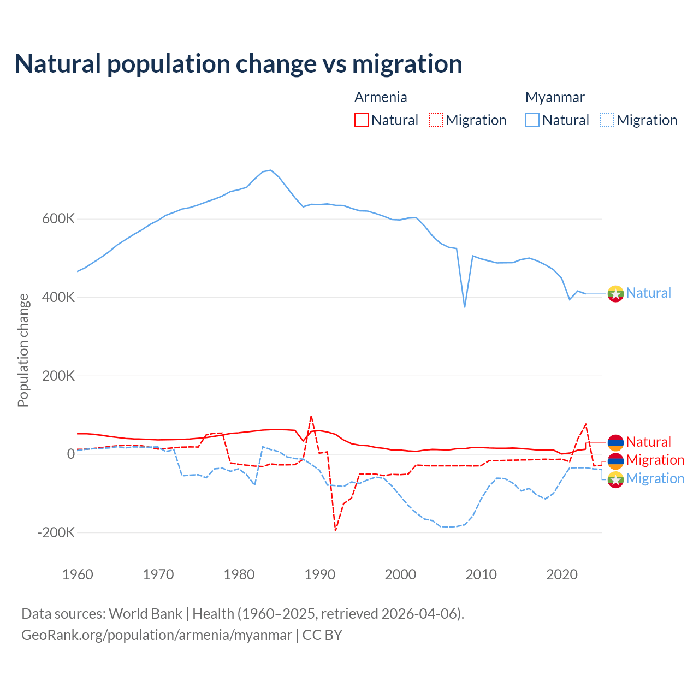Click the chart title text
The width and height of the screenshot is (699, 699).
(x=238, y=64)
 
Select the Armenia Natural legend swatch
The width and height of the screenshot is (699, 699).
(x=361, y=120)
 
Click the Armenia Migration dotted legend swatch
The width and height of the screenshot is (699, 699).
(x=435, y=120)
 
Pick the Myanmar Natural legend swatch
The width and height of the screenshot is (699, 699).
(x=532, y=120)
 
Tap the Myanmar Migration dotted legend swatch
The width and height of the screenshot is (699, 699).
(x=606, y=120)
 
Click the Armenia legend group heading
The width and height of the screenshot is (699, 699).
(x=381, y=97)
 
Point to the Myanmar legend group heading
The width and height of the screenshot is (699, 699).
(x=555, y=97)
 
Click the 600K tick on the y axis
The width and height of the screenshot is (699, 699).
(x=58, y=219)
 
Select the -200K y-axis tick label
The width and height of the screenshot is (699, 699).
(x=56, y=532)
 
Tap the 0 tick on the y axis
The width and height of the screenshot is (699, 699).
(x=71, y=454)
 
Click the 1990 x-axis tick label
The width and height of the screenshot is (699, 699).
(x=319, y=574)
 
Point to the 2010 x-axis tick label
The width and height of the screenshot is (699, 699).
(x=481, y=574)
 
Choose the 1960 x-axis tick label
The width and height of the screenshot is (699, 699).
(x=78, y=574)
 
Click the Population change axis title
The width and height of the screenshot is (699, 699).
(x=23, y=350)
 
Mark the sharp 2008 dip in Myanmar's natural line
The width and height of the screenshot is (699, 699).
(x=465, y=306)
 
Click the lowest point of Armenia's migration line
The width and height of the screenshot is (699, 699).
(x=335, y=530)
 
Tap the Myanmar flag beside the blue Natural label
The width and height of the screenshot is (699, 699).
(x=615, y=293)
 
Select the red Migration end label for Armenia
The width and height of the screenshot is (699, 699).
(x=655, y=460)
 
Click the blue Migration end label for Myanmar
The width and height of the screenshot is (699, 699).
(x=655, y=478)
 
